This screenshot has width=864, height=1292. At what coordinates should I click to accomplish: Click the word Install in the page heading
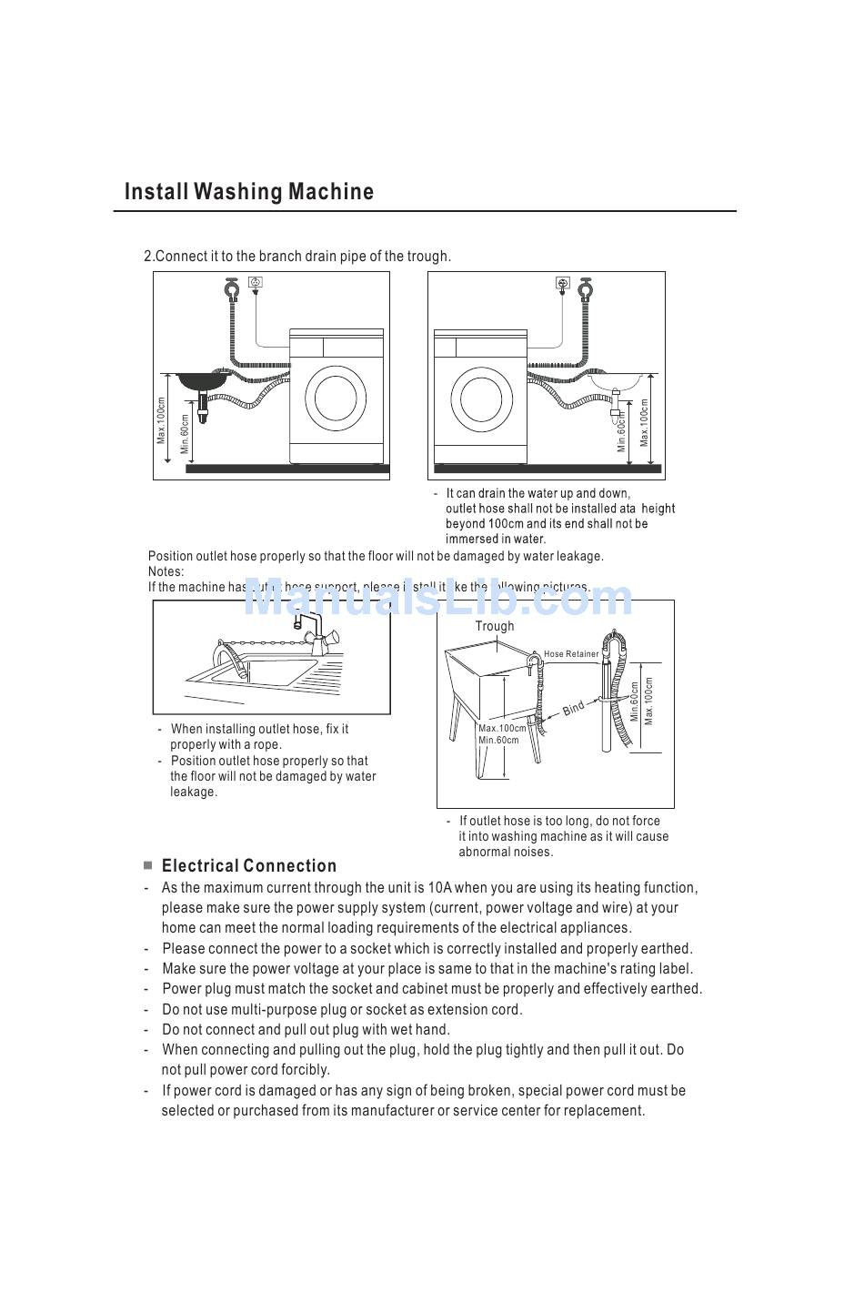pyautogui.click(x=156, y=192)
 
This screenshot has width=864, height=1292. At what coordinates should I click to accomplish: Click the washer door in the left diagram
pyautogui.click(x=336, y=397)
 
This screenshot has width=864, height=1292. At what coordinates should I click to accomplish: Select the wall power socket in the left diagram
pyautogui.click(x=256, y=283)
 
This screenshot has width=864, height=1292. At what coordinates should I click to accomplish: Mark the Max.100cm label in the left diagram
pyautogui.click(x=161, y=421)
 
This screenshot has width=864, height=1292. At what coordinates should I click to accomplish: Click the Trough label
pyautogui.click(x=494, y=626)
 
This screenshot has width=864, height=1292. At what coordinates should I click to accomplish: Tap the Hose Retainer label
pyautogui.click(x=571, y=653)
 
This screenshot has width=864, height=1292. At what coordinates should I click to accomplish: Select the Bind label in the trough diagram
pyautogui.click(x=573, y=708)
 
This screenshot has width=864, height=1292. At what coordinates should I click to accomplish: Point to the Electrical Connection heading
pyautogui.click(x=249, y=866)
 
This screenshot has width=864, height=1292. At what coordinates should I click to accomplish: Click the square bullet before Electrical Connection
pyautogui.click(x=147, y=865)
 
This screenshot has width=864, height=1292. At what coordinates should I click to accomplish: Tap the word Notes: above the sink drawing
pyautogui.click(x=166, y=571)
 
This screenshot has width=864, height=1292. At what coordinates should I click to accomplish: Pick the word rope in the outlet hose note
pyautogui.click(x=266, y=744)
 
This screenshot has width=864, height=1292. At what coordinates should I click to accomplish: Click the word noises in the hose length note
pyautogui.click(x=530, y=852)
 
